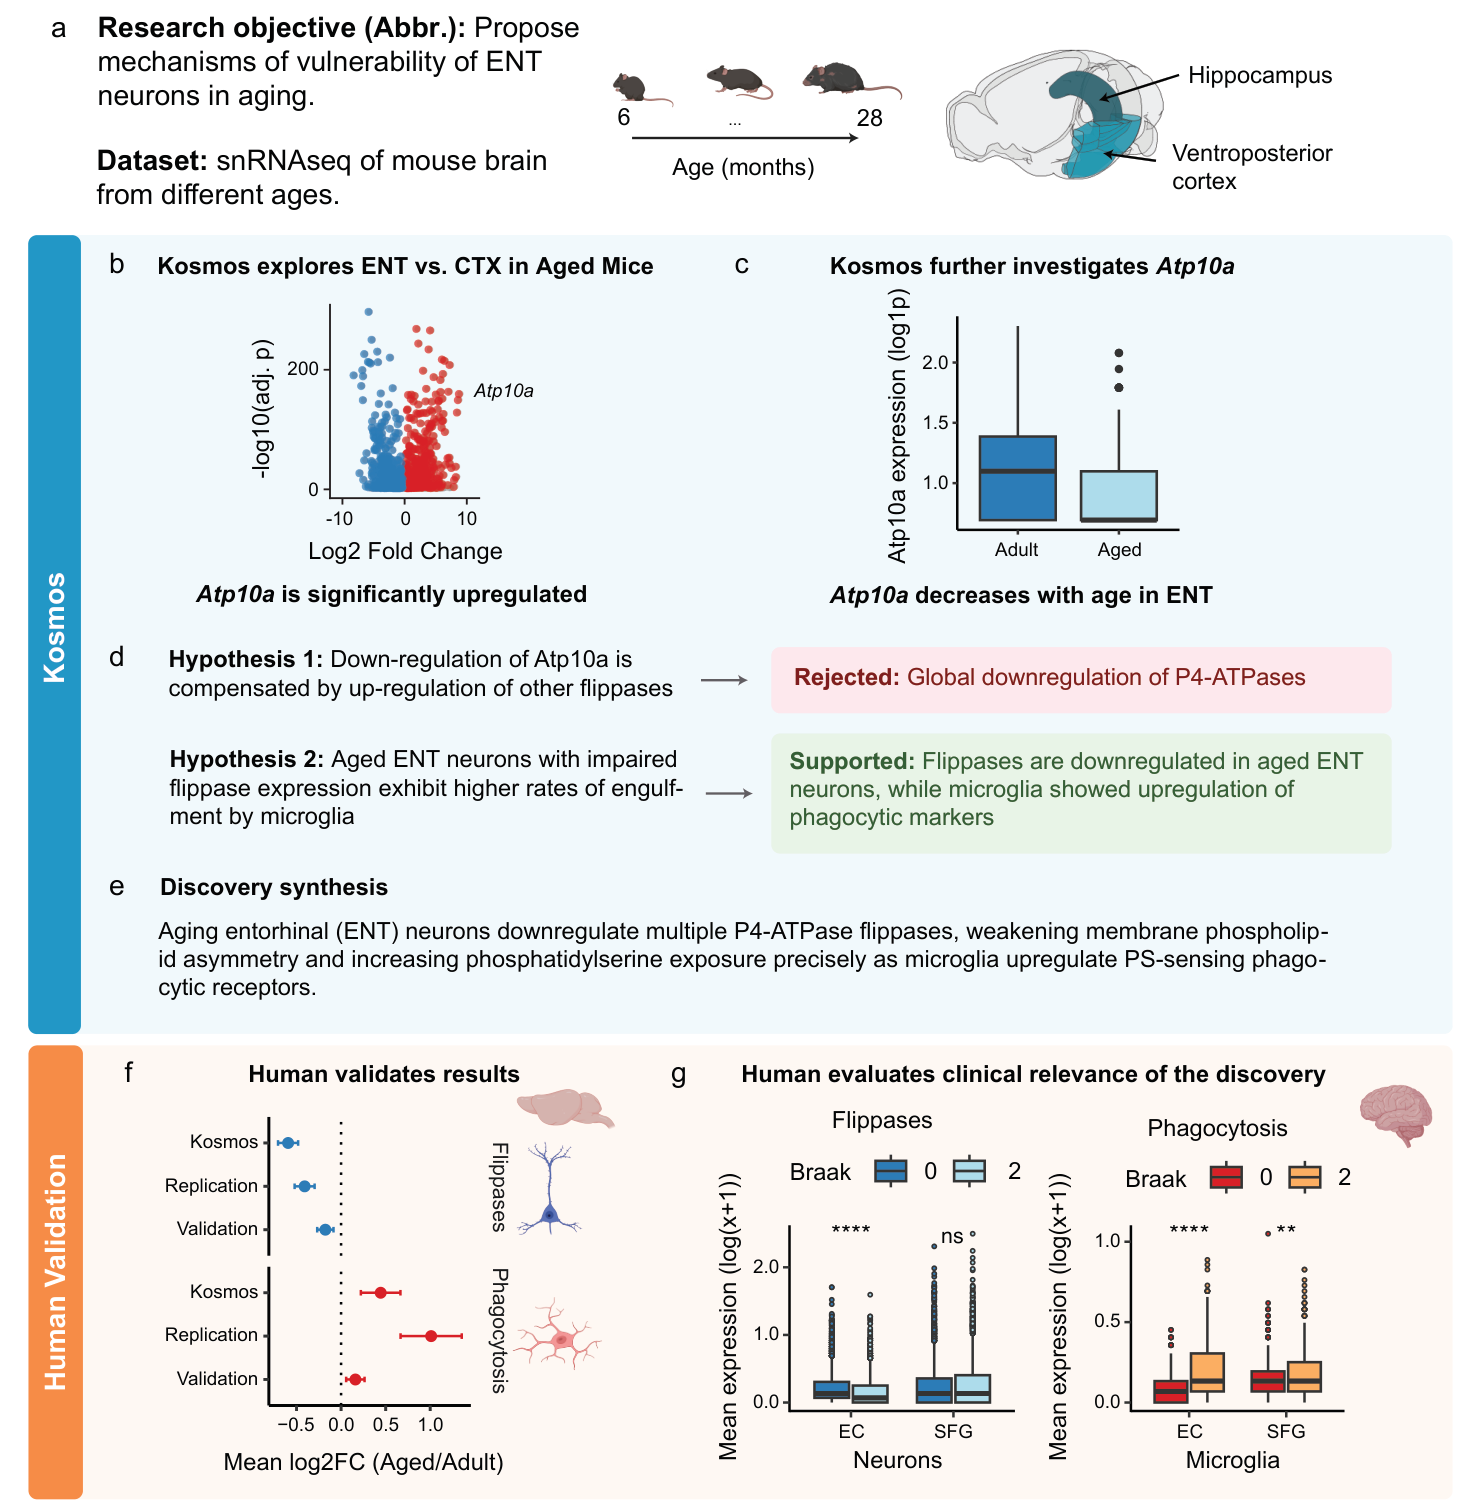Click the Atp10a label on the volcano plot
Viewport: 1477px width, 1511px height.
tap(503, 391)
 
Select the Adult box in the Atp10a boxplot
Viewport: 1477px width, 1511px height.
tap(1018, 478)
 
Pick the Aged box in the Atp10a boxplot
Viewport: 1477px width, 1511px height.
tap(1119, 496)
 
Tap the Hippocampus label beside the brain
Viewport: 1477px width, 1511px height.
tap(1260, 76)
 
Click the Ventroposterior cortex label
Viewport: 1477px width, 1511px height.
tap(1251, 167)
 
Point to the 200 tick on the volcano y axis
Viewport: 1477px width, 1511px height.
tap(303, 369)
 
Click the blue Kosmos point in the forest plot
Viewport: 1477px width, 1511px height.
tap(288, 1142)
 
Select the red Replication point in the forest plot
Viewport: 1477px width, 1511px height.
tap(431, 1335)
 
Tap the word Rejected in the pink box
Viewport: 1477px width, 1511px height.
tap(847, 678)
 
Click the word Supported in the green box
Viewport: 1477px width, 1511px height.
tap(852, 761)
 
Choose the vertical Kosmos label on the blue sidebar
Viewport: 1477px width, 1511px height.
tap(54, 628)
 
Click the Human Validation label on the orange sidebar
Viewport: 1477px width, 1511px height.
tap(55, 1272)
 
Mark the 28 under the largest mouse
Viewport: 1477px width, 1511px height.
tap(869, 118)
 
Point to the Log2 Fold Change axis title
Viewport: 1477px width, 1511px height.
tap(405, 551)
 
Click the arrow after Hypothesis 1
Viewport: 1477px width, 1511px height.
tap(724, 680)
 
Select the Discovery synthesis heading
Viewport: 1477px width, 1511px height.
tap(274, 887)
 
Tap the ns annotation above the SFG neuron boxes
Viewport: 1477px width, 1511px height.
tap(952, 1237)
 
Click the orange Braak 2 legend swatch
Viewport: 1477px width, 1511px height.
tap(1304, 1177)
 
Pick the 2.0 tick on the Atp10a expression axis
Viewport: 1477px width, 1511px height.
tap(935, 362)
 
